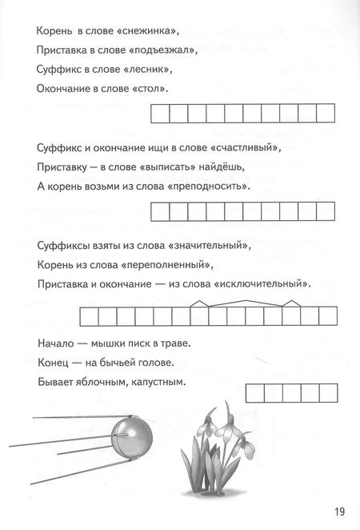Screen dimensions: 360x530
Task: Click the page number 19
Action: (339, 511)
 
